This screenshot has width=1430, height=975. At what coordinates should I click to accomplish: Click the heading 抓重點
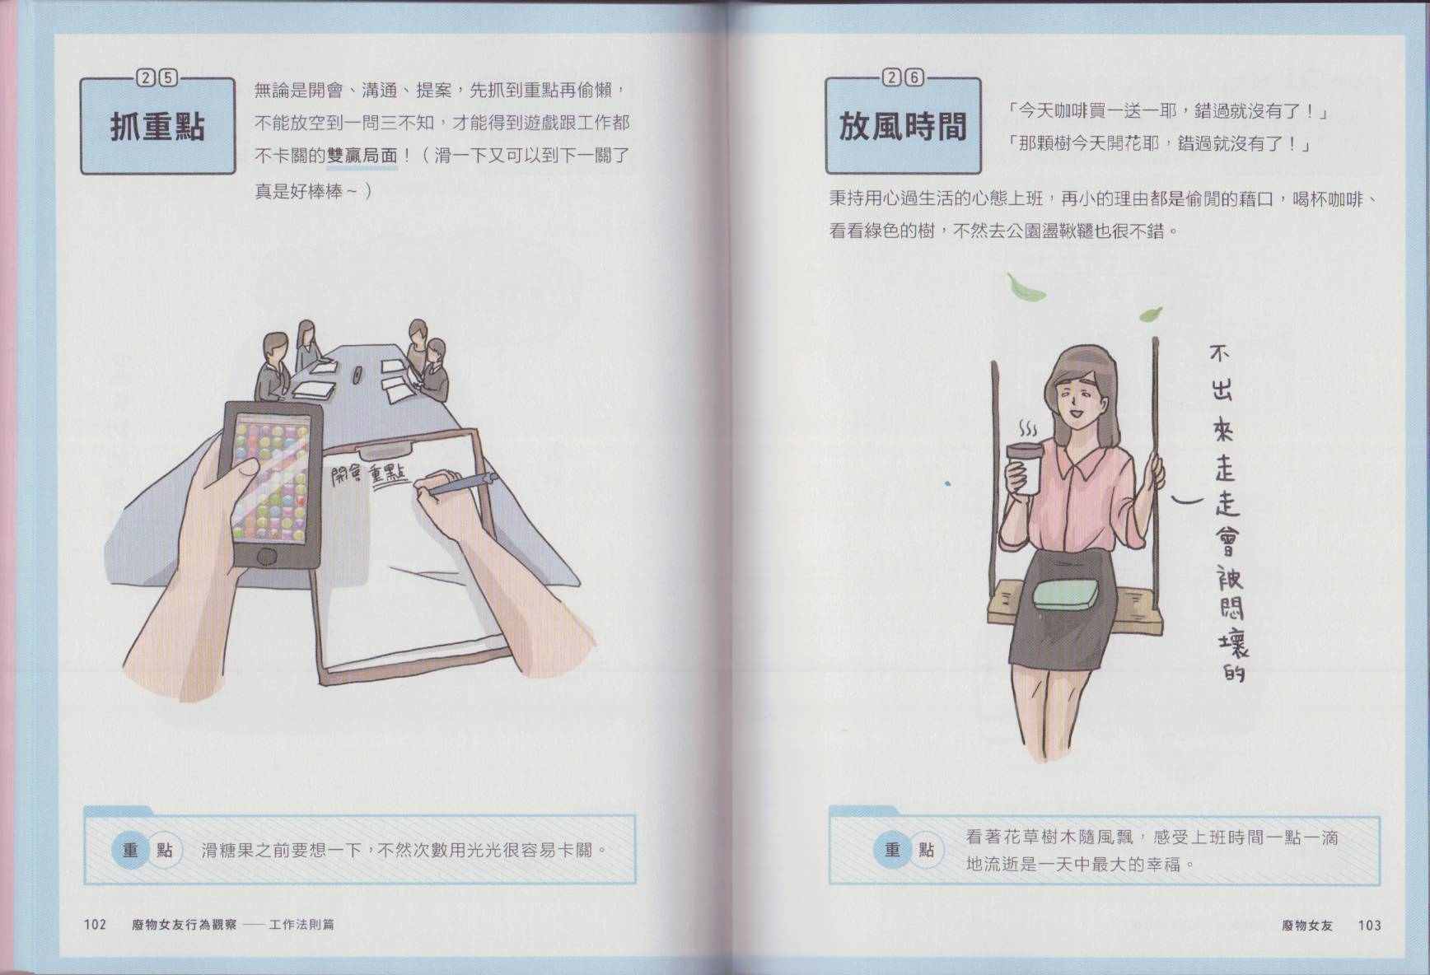click(157, 128)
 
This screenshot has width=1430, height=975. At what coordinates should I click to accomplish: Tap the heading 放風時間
click(902, 128)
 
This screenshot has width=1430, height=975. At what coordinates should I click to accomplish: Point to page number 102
click(95, 925)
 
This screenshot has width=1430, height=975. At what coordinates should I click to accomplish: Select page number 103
click(1369, 925)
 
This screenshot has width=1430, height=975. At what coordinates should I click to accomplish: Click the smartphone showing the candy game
click(272, 485)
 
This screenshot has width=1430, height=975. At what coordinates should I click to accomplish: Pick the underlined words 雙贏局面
click(362, 156)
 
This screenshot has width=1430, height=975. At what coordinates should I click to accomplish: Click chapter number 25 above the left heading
click(157, 78)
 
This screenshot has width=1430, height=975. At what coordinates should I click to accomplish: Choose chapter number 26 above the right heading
click(903, 78)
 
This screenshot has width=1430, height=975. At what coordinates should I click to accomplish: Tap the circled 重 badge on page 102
click(130, 849)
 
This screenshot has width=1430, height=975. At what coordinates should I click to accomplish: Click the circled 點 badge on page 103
click(927, 849)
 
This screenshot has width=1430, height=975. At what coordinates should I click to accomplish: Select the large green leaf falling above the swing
click(1026, 287)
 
